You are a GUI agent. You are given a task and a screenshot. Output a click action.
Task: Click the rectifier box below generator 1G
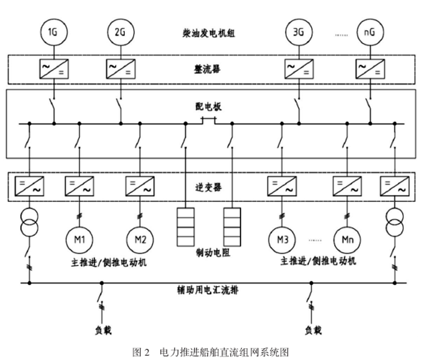tap(53, 70)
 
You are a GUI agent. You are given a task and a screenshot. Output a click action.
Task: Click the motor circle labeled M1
tap(79, 240)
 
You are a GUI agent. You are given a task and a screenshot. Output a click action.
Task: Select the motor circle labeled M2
tap(140, 240)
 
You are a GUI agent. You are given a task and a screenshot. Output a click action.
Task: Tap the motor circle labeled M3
tap(281, 240)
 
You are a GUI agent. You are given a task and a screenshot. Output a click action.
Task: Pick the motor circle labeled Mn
tap(346, 240)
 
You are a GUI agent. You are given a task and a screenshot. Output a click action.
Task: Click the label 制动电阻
tap(210, 253)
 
